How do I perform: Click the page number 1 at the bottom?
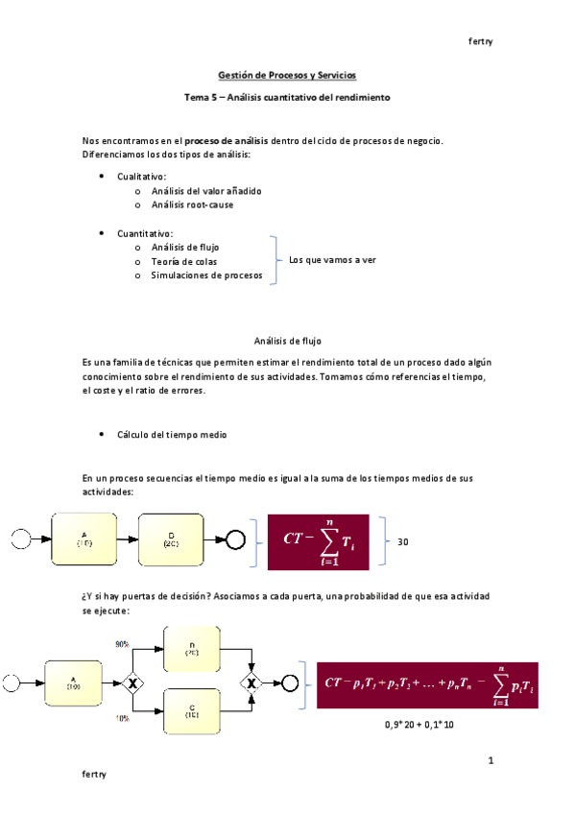(x=490, y=760)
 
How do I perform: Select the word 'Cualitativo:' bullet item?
(x=142, y=177)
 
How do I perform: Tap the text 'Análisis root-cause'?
(x=192, y=204)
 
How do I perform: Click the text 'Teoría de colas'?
(x=184, y=261)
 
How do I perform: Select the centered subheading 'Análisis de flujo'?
(x=287, y=341)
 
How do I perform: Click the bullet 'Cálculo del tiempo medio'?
(x=173, y=435)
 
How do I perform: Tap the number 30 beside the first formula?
(x=402, y=542)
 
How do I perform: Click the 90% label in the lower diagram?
(x=123, y=645)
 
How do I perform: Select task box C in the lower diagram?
(x=193, y=711)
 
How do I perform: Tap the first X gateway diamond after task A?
(x=132, y=682)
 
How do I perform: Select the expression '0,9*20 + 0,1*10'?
(x=419, y=724)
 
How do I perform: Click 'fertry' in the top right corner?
(x=480, y=41)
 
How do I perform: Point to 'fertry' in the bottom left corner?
(x=94, y=773)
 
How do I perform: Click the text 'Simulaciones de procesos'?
(x=206, y=275)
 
